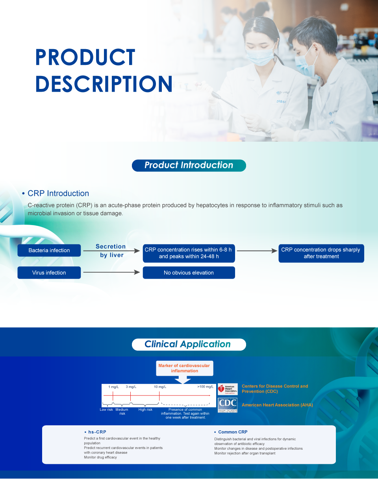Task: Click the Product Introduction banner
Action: [x=189, y=166]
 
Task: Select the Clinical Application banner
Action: [x=189, y=344]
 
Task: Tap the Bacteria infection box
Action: [x=49, y=250]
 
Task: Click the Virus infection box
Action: [x=49, y=273]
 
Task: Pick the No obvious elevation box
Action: [x=189, y=273]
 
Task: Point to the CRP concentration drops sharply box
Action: [x=321, y=253]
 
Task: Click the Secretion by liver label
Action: [x=111, y=251]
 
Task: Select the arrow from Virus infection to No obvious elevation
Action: [x=111, y=272]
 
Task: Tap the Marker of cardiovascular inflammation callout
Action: [x=184, y=368]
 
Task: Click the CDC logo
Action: [x=228, y=405]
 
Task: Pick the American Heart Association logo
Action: [x=228, y=389]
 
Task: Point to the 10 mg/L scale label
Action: [x=160, y=387]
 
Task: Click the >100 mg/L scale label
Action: [x=205, y=386]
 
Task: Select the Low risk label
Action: [x=106, y=410]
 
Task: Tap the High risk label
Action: [x=145, y=410]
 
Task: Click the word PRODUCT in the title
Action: [x=85, y=57]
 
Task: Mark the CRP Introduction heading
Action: [x=58, y=193]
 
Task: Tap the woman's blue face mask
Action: [x=260, y=56]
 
